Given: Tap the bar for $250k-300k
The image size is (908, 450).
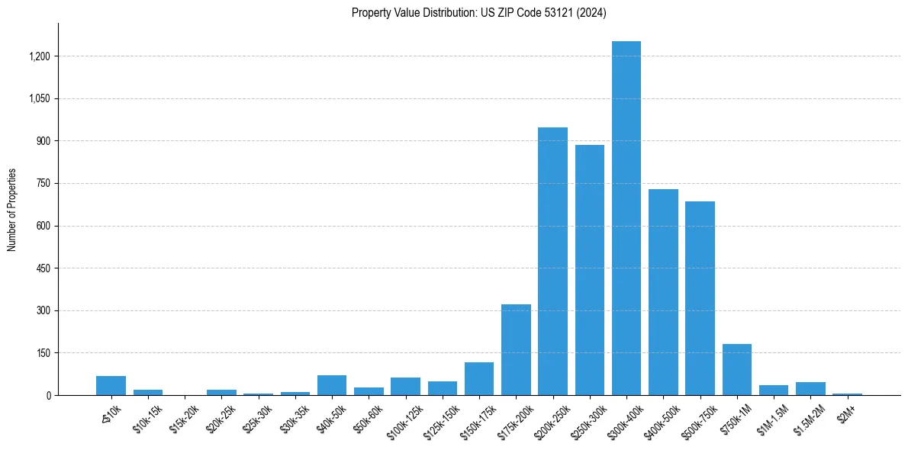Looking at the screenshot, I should pyautogui.click(x=590, y=270).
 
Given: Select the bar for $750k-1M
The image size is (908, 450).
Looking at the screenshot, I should pyautogui.click(x=736, y=370).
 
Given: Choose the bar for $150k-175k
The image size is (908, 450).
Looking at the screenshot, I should pyautogui.click(x=479, y=378).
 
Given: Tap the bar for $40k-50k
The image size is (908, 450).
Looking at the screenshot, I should pyautogui.click(x=332, y=385).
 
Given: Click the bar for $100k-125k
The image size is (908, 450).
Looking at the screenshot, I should pyautogui.click(x=405, y=386).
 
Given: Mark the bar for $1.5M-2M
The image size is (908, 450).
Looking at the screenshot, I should pyautogui.click(x=810, y=388).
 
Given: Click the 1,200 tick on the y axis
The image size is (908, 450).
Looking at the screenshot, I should pyautogui.click(x=39, y=56).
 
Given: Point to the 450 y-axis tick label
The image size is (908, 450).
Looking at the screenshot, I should pyautogui.click(x=43, y=268).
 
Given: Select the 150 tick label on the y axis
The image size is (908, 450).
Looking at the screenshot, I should pyautogui.click(x=43, y=353).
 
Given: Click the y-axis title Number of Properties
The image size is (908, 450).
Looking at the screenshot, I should pyautogui.click(x=11, y=210).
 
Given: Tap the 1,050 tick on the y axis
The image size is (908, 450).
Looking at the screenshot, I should pyautogui.click(x=39, y=98).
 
